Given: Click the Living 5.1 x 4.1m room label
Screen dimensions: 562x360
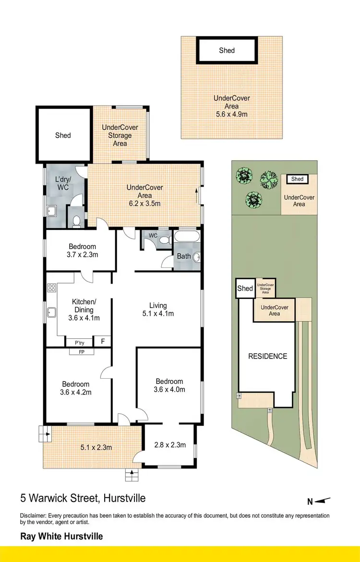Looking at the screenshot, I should click(158, 310).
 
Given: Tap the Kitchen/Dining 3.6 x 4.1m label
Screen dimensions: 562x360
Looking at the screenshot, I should click(84, 310).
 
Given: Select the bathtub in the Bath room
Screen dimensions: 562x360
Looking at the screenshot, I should click(188, 237).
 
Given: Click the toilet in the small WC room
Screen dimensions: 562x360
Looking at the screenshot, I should click(165, 240).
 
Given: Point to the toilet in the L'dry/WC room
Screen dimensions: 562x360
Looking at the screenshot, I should click(76, 221).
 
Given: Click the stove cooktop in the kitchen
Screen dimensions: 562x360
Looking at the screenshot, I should click(52, 288).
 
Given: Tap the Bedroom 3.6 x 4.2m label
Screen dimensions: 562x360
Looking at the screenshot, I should click(75, 388).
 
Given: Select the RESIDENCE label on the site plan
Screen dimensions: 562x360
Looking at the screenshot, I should click(267, 356).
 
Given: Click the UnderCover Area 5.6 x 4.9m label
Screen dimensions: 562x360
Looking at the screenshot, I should click(231, 106).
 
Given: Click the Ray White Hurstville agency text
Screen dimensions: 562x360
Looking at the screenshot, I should click(61, 536).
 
